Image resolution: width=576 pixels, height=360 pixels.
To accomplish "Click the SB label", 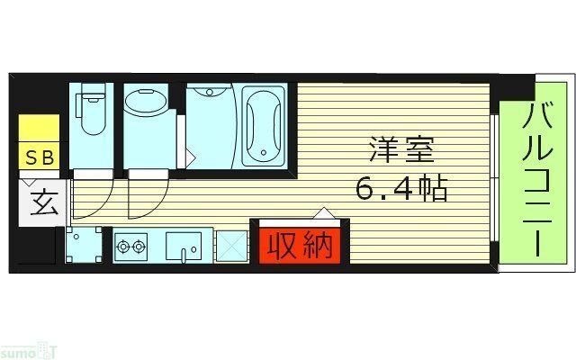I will tap(39, 157).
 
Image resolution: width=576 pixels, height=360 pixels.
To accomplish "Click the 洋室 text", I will tap(394, 148).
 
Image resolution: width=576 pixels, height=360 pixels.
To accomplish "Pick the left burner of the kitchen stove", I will tap(124, 244).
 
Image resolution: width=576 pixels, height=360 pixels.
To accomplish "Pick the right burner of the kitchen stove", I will tap(140, 244).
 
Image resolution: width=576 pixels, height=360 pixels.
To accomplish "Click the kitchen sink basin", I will tap(185, 244).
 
